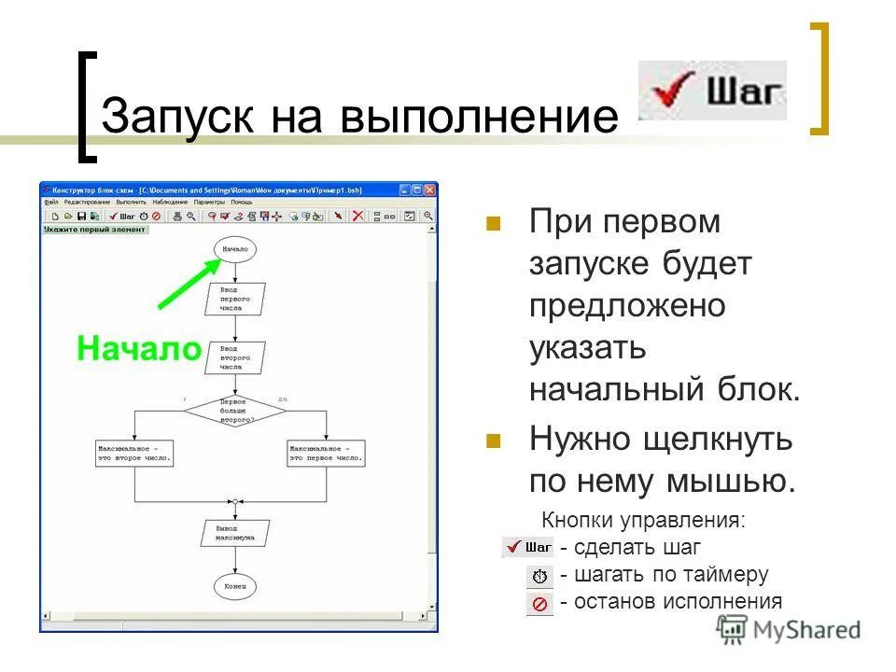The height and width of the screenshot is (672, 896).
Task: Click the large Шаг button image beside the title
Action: click(x=712, y=91)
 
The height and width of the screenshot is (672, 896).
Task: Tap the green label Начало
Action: click(x=139, y=348)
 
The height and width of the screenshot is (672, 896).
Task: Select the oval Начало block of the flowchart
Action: click(x=235, y=250)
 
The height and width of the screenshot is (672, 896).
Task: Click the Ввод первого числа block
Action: click(x=235, y=299)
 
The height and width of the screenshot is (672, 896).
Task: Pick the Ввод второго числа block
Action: click(x=235, y=357)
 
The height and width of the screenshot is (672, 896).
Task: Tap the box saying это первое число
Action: click(x=327, y=454)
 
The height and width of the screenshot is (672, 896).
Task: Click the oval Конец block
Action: click(x=235, y=586)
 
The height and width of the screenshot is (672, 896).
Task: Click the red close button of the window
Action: click(x=429, y=189)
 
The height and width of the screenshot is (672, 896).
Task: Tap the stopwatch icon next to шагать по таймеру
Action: click(x=539, y=576)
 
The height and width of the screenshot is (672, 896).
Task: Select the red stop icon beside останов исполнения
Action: click(x=539, y=604)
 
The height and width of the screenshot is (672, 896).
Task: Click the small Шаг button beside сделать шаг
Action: click(x=527, y=548)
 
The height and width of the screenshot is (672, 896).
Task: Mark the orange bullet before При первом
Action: click(x=494, y=224)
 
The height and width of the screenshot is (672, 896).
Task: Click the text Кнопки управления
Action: click(x=644, y=521)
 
